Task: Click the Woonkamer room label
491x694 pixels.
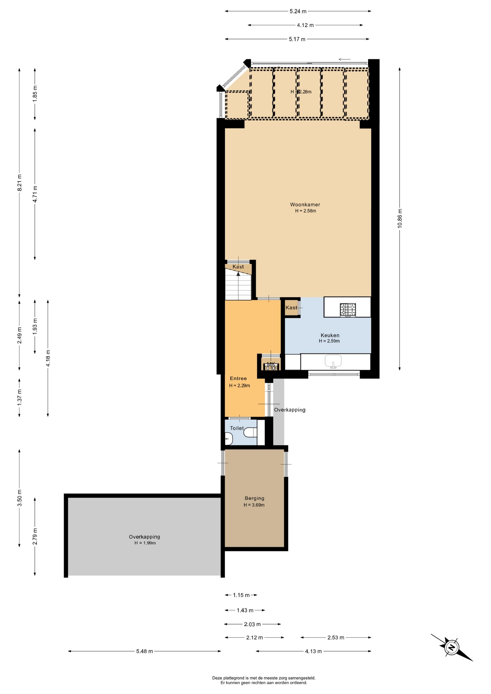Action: (x=305, y=205)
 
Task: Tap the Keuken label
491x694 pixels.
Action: (x=330, y=335)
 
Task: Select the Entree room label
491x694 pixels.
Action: (x=238, y=378)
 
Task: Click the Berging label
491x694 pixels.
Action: (x=254, y=498)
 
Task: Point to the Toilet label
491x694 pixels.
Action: (x=237, y=428)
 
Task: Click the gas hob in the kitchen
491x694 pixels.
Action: (x=348, y=310)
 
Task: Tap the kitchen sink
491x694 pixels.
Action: (x=333, y=361)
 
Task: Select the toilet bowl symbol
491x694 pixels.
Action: (x=250, y=432)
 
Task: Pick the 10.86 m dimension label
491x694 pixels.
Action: (x=400, y=218)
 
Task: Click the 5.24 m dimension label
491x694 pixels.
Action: (x=298, y=11)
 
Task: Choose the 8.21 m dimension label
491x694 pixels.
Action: (x=20, y=183)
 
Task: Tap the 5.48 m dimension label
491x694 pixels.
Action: (x=145, y=651)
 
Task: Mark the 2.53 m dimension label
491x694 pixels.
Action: (x=336, y=638)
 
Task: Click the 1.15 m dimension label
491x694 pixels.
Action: (x=241, y=595)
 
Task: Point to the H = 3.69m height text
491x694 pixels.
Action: (x=254, y=505)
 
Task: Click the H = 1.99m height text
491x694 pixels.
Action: (x=145, y=543)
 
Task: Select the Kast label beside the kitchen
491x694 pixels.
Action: (x=291, y=308)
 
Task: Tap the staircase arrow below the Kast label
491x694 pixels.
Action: (x=238, y=286)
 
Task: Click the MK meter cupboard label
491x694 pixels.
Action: (x=271, y=364)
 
